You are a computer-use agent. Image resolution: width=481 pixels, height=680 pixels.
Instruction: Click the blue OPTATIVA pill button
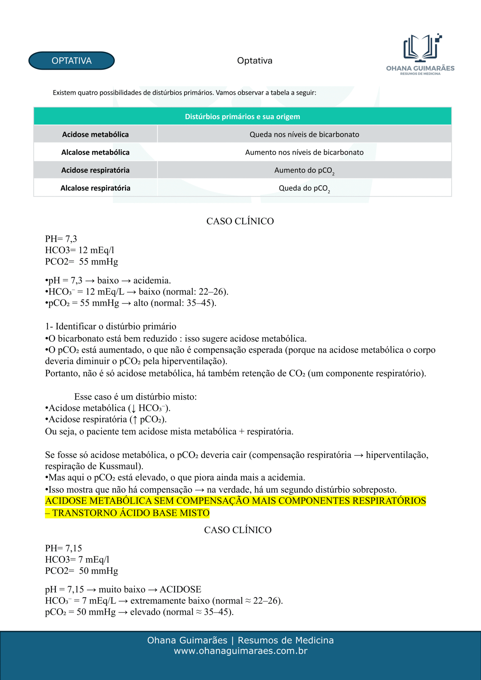click(72, 61)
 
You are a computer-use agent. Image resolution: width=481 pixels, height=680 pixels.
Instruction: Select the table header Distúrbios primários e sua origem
click(242, 117)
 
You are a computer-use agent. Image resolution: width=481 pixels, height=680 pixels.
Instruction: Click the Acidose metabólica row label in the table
click(95, 135)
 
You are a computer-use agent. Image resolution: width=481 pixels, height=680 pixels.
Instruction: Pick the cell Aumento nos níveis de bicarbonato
click(304, 152)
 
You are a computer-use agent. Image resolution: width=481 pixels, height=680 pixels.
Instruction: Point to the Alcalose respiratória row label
click(95, 188)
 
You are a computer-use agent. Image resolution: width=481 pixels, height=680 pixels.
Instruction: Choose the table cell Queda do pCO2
click(304, 189)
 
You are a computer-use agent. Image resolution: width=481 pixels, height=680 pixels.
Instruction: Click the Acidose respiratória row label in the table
click(95, 170)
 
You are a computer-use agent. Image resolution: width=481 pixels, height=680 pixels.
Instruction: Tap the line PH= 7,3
click(61, 239)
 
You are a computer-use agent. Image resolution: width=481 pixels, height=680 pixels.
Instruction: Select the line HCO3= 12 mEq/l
click(80, 250)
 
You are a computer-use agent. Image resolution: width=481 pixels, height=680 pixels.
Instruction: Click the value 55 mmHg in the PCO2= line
click(99, 262)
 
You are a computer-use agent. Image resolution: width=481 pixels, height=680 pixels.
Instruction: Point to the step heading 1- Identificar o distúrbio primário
click(111, 326)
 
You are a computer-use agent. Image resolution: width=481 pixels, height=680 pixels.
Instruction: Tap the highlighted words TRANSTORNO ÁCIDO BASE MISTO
click(131, 513)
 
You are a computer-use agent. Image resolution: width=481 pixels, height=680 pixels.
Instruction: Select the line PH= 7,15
click(63, 548)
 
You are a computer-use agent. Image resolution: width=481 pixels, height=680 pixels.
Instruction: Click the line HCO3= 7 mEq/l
click(77, 560)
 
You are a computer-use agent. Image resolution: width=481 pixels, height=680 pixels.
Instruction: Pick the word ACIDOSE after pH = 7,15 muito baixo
click(180, 589)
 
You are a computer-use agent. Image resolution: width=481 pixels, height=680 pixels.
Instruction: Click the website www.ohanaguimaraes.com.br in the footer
click(240, 651)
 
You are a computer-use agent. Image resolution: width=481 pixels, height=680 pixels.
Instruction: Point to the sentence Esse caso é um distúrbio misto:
click(135, 396)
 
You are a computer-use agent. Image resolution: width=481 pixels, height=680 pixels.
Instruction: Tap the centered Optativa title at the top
click(255, 61)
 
